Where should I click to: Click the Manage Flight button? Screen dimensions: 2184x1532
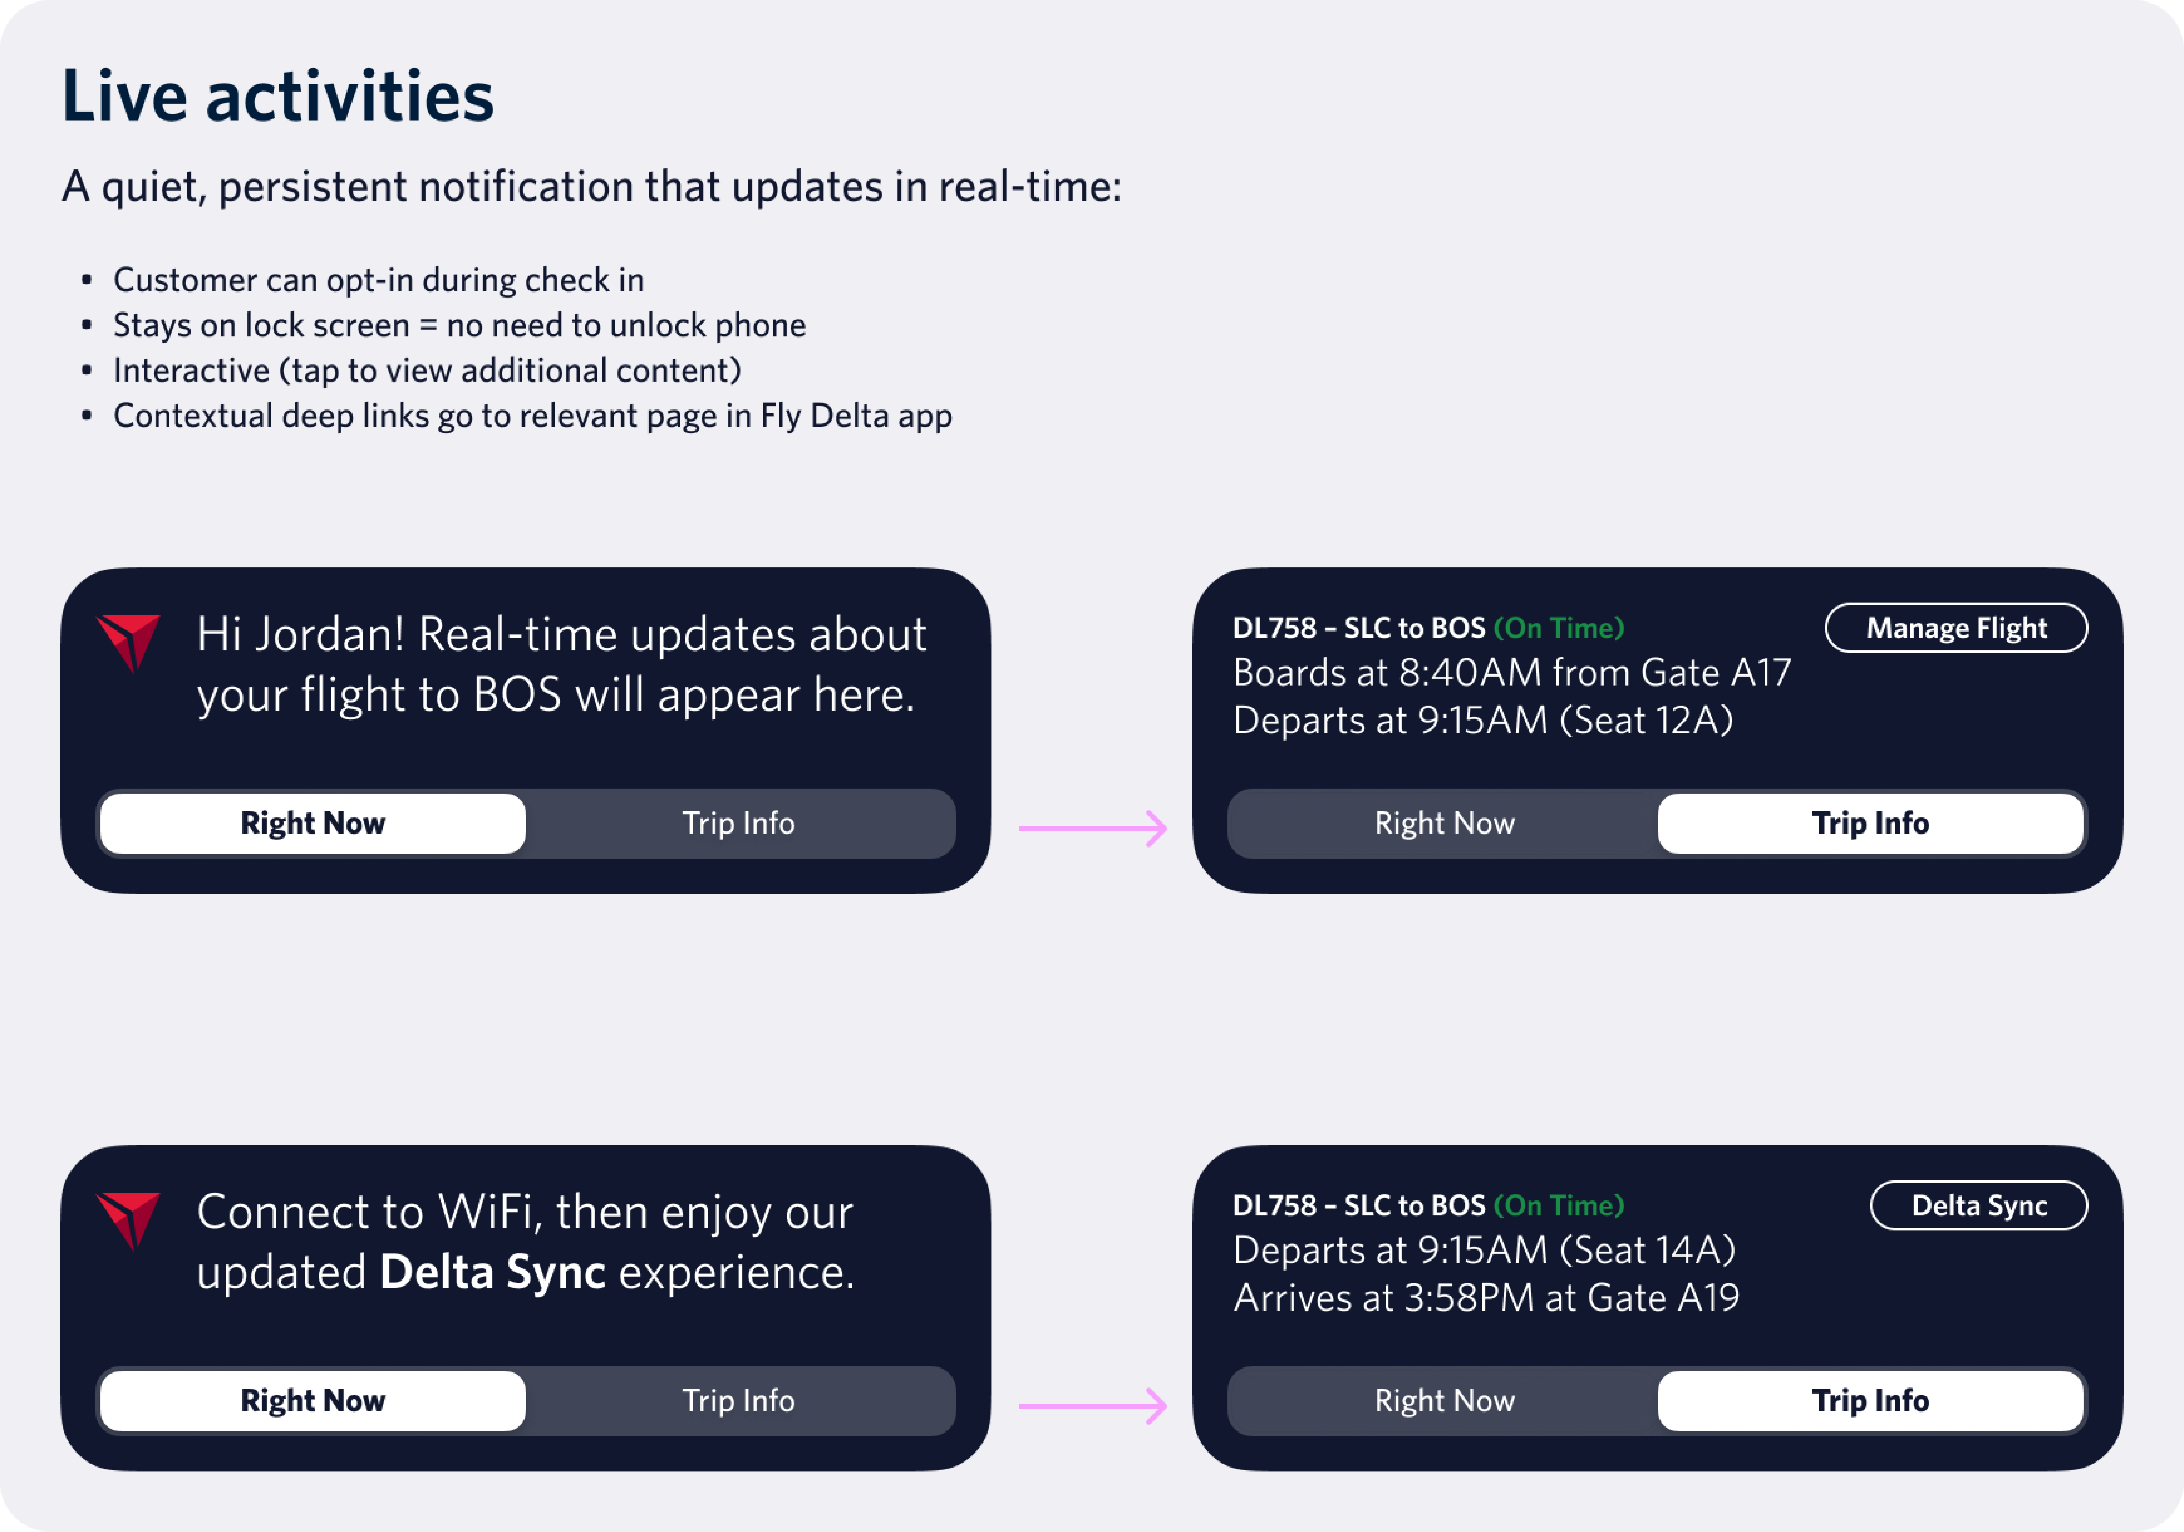tap(1956, 628)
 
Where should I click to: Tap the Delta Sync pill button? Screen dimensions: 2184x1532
tap(1978, 1206)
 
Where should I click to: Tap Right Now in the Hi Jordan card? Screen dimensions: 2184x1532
tap(313, 823)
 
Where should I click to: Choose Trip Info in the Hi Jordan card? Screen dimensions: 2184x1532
tap(738, 823)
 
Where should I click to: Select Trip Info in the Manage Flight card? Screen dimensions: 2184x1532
tap(1870, 823)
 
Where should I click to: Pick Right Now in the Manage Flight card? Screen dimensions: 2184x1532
tap(1444, 823)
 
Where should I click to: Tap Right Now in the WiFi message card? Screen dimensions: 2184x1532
tap(313, 1401)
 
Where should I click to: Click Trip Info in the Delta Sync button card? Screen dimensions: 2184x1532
tap(1870, 1401)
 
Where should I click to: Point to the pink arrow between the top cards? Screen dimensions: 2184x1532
tap(1093, 828)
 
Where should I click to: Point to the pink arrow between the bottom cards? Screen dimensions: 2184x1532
tap(1093, 1405)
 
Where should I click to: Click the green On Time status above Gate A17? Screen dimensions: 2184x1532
tap(1559, 628)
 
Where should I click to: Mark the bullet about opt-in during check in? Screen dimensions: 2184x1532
tap(379, 280)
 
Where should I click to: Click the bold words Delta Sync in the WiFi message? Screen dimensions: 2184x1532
tap(493, 1272)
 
